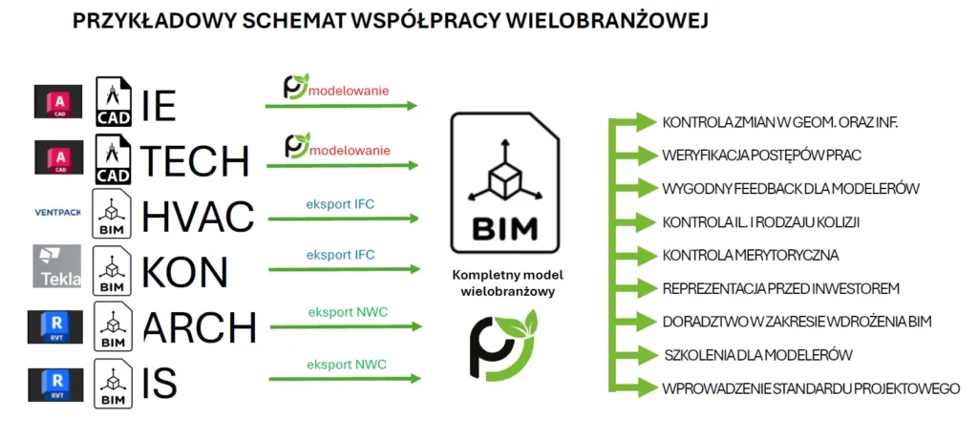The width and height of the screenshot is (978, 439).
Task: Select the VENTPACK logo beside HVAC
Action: click(56, 212)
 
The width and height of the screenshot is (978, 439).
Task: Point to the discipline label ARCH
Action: click(200, 327)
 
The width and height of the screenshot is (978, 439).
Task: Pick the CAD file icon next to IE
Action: click(114, 101)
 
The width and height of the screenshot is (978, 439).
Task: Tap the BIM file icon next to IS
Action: click(113, 383)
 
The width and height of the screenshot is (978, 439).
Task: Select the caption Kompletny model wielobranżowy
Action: click(505, 283)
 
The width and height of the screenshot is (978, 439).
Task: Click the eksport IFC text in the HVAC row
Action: click(340, 202)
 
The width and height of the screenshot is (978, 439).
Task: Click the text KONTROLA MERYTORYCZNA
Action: click(750, 256)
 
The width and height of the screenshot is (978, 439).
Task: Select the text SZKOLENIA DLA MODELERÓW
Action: click(757, 355)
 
